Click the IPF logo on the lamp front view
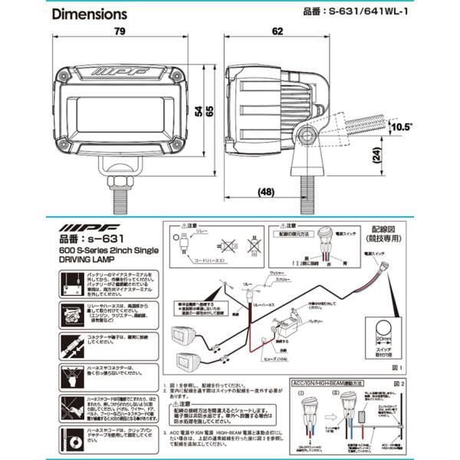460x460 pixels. click(122, 74)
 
